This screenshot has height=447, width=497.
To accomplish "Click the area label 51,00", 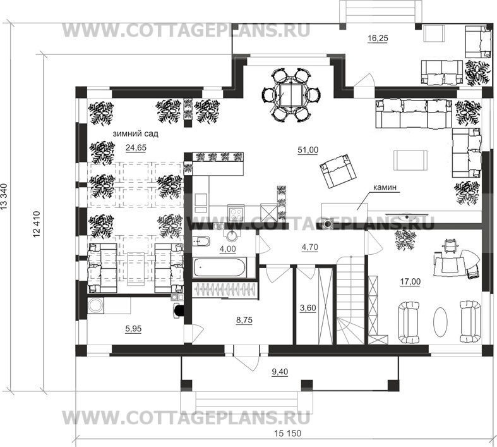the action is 308,150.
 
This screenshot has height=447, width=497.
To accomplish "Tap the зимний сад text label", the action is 135,134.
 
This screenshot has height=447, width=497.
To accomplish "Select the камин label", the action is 385,188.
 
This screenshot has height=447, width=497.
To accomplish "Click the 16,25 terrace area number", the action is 378,39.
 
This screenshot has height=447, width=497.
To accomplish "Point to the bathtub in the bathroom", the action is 220,267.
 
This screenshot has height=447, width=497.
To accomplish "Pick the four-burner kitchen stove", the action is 236,213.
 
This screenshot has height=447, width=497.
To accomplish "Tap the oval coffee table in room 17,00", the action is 441,322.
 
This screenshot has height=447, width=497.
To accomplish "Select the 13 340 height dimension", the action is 4,197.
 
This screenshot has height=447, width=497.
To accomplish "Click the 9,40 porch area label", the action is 280,372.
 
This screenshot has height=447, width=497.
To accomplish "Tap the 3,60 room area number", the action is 308,308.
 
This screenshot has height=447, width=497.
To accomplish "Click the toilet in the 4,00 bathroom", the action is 201,242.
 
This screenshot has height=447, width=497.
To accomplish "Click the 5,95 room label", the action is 133,329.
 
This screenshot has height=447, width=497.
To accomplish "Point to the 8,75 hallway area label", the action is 244,321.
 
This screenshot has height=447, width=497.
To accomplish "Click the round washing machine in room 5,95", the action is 95,305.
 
